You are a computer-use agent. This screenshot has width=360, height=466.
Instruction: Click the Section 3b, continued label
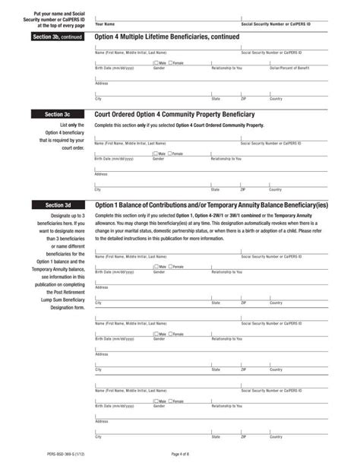coord(58,36)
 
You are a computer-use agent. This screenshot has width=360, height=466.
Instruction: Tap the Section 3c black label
coord(58,114)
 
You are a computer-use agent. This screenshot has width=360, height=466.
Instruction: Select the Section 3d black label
coord(58,205)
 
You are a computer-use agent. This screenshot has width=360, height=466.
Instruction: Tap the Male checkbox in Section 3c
coord(155,154)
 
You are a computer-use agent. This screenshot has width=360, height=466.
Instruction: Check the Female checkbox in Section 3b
coord(171,63)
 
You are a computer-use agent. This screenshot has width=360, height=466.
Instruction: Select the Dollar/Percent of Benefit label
coord(289,68)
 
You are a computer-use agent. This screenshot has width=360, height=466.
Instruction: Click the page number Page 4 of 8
coord(180,454)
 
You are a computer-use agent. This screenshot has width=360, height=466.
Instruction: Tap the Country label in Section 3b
coord(275,99)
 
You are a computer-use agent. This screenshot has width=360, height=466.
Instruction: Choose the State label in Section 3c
coord(216,189)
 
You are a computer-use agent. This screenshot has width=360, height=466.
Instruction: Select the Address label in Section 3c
coord(102,174)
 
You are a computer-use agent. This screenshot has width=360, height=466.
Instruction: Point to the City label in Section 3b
coord(98,99)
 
